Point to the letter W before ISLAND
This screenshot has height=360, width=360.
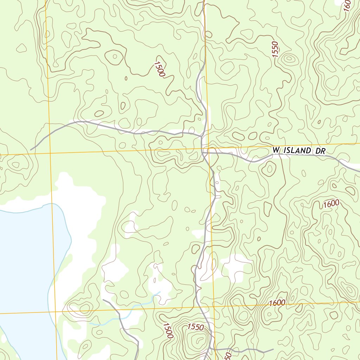coord(276,150)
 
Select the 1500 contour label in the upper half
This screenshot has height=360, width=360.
coord(159,69)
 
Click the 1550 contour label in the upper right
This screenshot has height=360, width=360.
coord(275,50)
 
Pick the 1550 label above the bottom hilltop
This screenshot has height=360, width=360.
coord(195,327)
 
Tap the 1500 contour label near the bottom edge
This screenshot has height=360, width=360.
coord(168,330)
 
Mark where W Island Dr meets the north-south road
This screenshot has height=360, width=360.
coord(203,152)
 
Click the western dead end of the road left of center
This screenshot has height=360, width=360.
coord(31,150)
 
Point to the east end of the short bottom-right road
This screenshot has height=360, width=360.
coord(273,349)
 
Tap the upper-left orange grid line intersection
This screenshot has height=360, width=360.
coord(50,154)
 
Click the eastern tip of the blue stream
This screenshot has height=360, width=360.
coord(160,292)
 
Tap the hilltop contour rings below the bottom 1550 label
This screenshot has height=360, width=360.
coord(199,340)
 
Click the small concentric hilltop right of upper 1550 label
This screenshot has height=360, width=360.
coord(289,59)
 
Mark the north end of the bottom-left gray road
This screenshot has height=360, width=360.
coord(103,300)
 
